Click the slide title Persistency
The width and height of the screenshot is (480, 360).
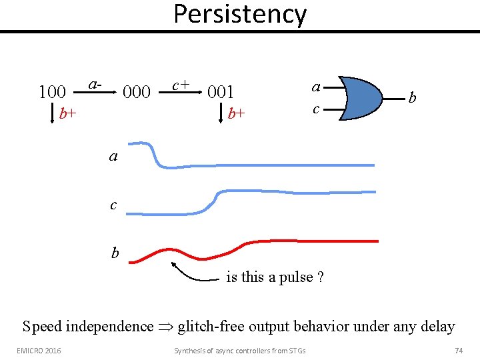coord(240,14)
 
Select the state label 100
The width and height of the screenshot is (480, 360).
coord(52,91)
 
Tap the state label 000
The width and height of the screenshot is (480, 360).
coord(137,91)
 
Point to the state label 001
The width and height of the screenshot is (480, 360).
coord(221,91)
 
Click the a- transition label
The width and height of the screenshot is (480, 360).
coord(95,85)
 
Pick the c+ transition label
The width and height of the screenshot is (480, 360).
coord(181,85)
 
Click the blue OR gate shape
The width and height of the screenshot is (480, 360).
coord(360,98)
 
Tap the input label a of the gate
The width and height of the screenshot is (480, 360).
coord(317,86)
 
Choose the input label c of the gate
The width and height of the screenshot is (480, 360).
coord(317,108)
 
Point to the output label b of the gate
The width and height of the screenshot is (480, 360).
coord(413,99)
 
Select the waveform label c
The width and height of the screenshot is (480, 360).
coord(113,205)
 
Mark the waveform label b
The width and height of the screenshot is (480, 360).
coord(115,253)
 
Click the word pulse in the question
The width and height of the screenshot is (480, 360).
coord(295,277)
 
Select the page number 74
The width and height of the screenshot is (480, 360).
coord(458,350)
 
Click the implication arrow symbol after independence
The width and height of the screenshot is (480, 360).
coord(165,327)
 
